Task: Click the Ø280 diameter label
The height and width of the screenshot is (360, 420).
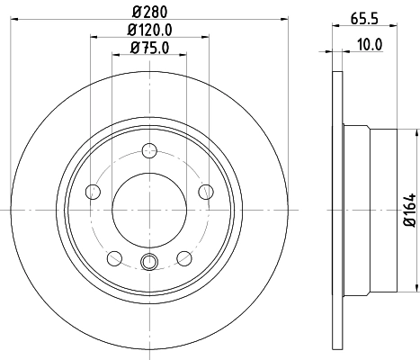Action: click(150, 12)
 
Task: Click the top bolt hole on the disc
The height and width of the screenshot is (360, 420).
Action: click(150, 151)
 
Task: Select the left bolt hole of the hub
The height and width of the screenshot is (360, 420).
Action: click(93, 191)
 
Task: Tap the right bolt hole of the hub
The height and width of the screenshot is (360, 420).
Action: click(207, 191)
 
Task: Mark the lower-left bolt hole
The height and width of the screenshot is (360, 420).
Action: click(114, 258)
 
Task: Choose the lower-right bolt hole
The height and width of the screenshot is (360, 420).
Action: click(185, 258)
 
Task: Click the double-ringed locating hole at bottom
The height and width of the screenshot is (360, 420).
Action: click(150, 262)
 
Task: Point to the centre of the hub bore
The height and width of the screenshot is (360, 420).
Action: click(150, 210)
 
